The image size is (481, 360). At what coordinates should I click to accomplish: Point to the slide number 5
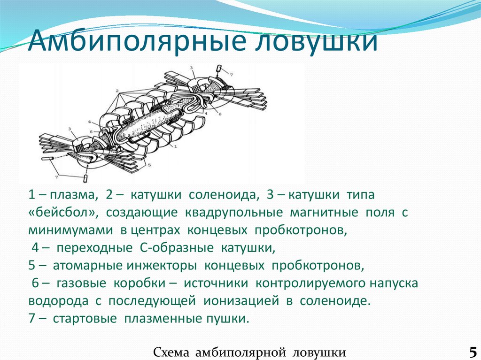(472, 351)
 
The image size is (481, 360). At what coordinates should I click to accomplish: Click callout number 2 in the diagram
(117, 90)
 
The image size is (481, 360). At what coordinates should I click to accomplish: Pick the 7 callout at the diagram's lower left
(57, 177)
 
